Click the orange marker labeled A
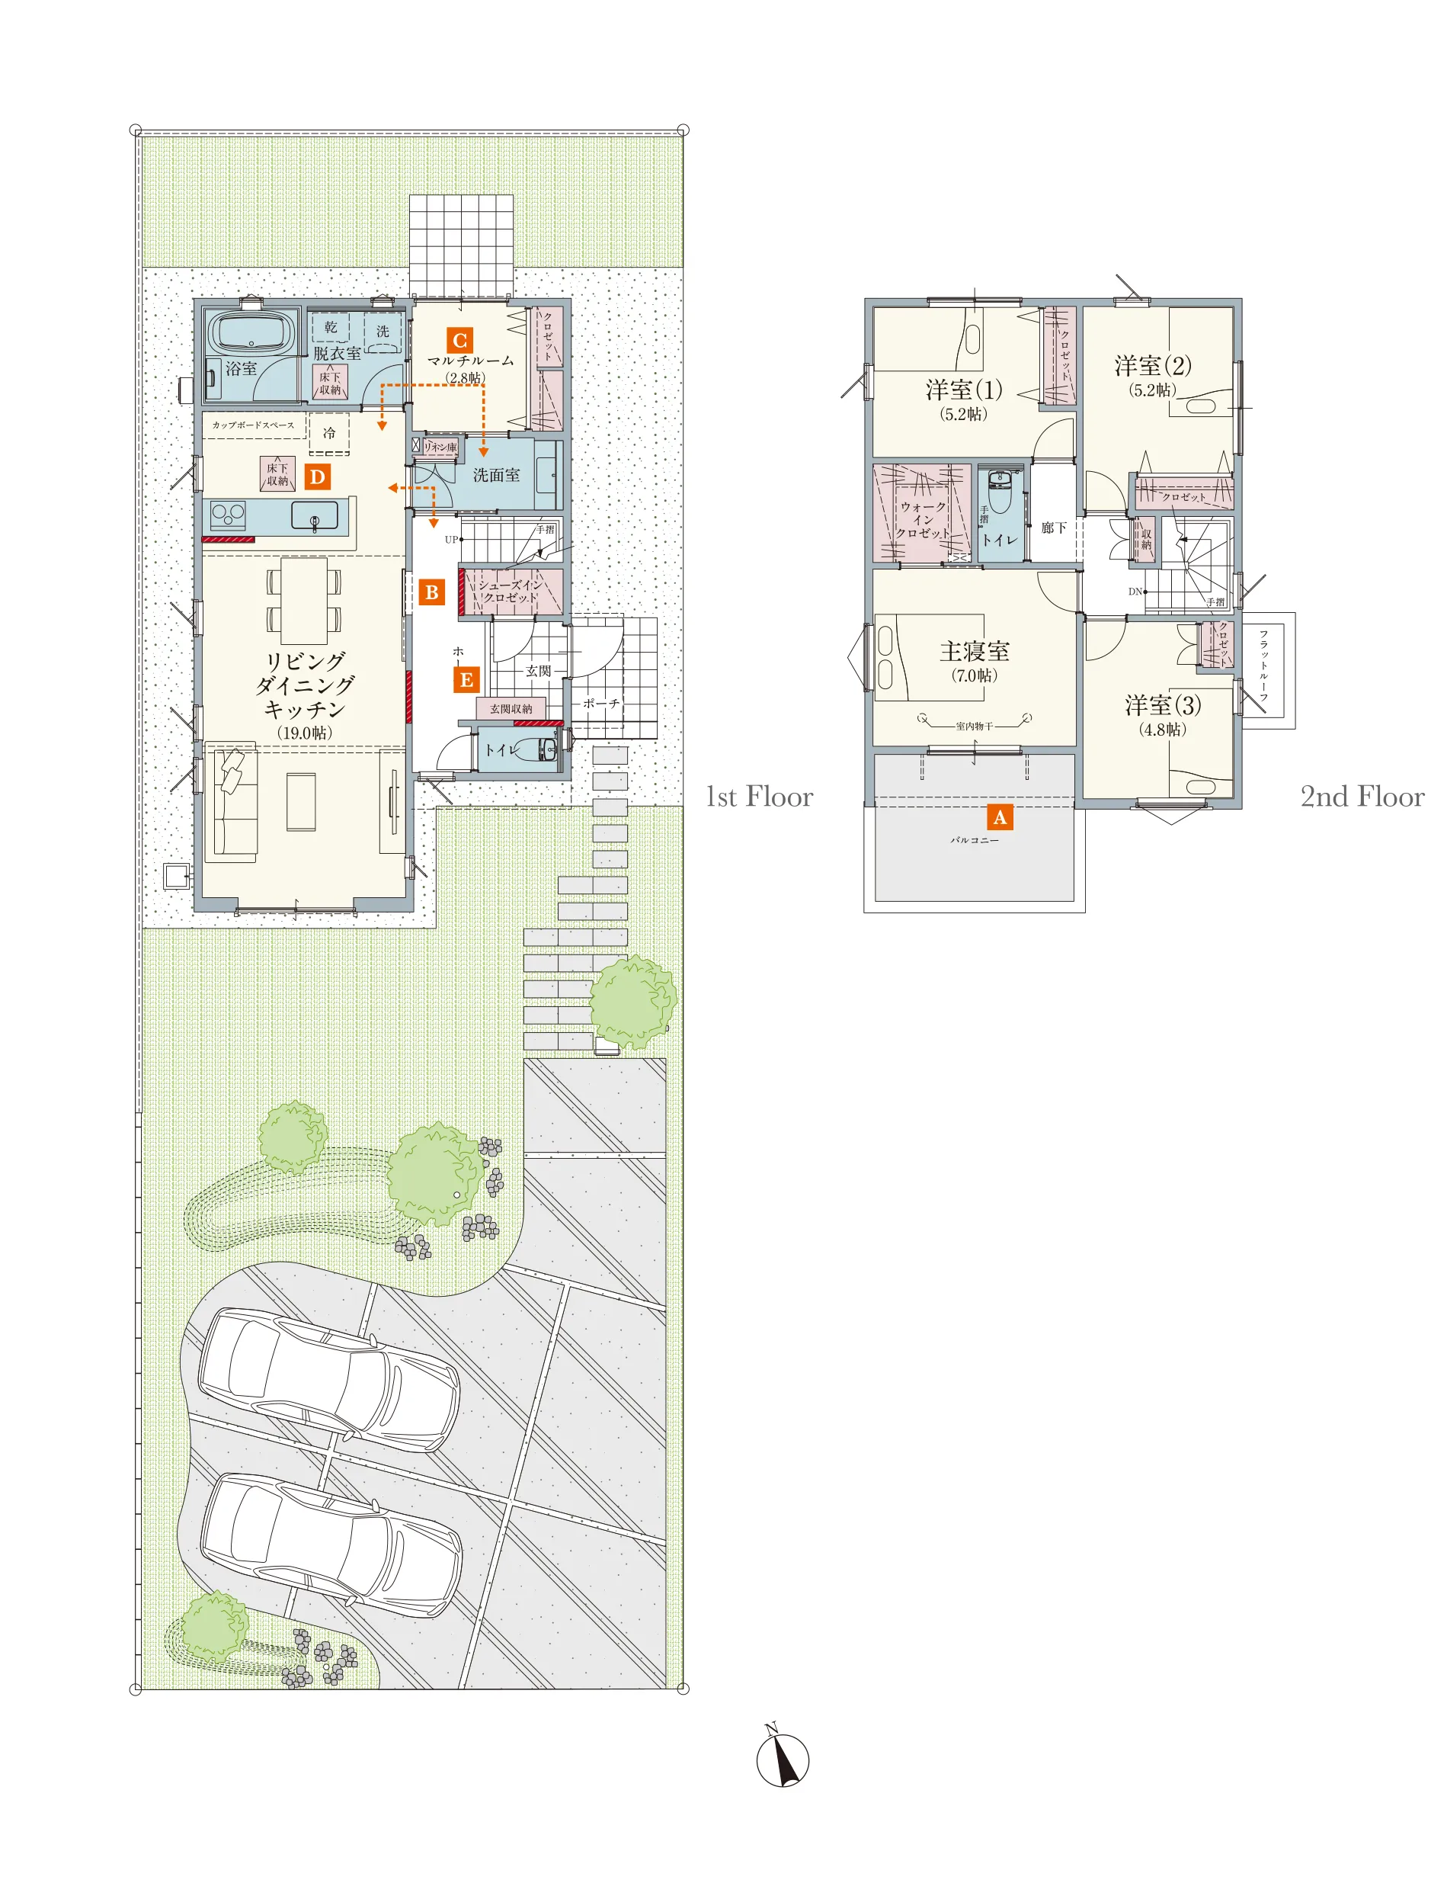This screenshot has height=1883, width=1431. (1000, 817)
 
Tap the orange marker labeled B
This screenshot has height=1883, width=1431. (432, 592)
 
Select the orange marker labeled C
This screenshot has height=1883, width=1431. (460, 341)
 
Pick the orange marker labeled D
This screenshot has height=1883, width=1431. (318, 476)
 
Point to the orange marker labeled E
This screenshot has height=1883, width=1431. (466, 680)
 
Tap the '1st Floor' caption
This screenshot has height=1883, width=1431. (759, 797)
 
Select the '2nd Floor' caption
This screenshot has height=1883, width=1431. (1362, 797)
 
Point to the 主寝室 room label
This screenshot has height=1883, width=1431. (975, 651)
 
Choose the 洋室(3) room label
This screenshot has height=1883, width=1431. (1163, 704)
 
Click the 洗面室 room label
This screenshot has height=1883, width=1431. (497, 476)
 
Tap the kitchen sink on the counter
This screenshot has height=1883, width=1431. (314, 515)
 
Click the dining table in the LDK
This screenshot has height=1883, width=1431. (304, 601)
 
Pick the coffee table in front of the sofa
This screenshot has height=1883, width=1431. (301, 801)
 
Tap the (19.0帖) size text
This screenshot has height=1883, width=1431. (304, 733)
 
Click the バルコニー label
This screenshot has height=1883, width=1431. (975, 840)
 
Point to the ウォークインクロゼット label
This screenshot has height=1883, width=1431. (924, 520)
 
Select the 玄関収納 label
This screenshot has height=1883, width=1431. (511, 709)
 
